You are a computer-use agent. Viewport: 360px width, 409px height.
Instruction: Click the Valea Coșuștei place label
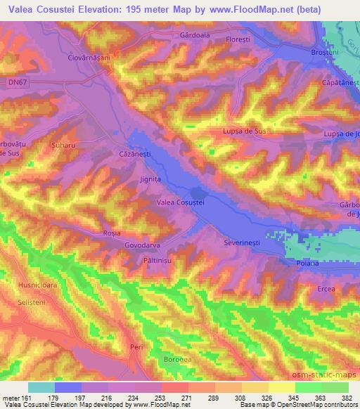pos(180,202)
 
